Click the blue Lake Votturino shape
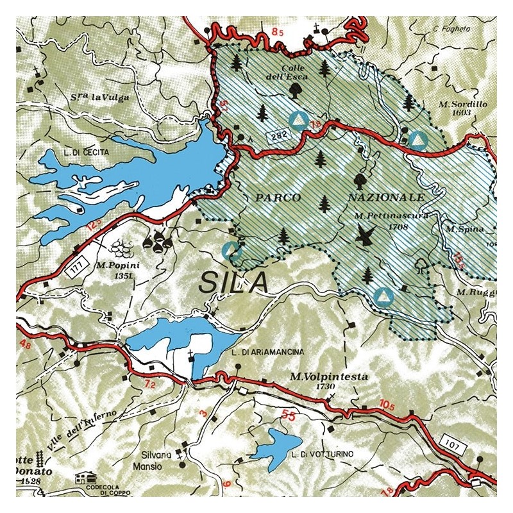coord(274,444)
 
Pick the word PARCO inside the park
coord(278,197)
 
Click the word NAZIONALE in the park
coord(387,196)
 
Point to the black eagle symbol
coord(366,238)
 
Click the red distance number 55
coord(289,417)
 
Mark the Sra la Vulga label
coord(102,97)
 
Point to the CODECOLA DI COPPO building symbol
coord(84,478)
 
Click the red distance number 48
coord(26,345)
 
